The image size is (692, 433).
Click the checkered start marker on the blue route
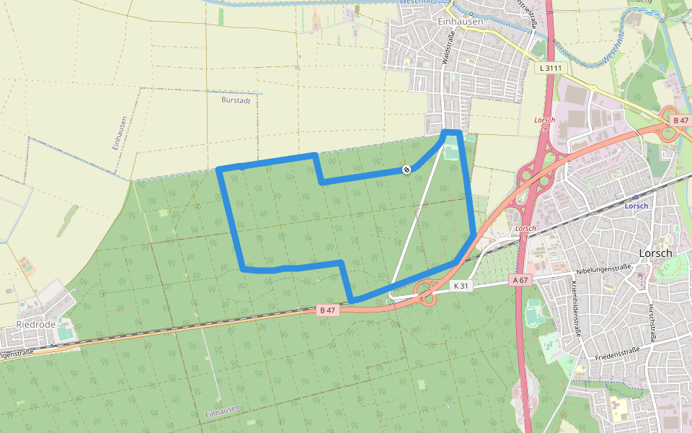407,170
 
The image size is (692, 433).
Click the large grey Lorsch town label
655,253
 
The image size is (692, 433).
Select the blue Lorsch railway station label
636,205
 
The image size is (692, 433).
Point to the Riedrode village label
35,325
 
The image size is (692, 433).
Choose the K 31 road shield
461,286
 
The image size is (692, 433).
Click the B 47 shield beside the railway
327,310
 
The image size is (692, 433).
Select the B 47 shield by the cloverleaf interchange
679,120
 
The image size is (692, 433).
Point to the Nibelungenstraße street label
604,271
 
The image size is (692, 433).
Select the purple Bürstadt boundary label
236,100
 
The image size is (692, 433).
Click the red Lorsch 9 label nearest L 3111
545,123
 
